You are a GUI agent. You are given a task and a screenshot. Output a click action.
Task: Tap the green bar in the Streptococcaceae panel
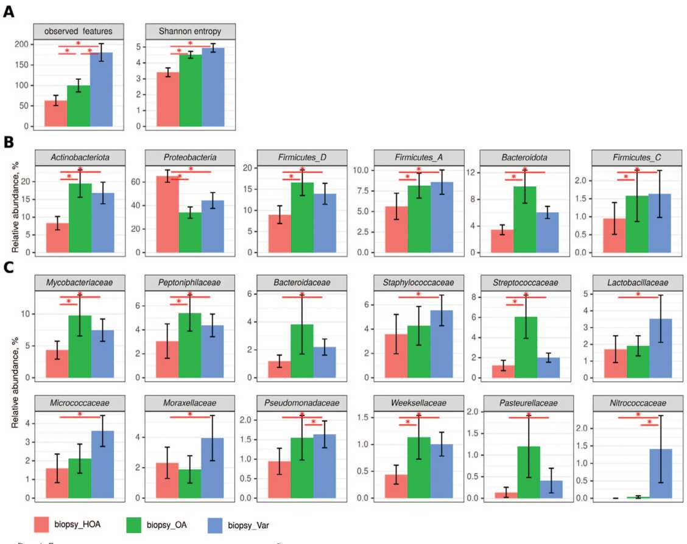pyautogui.click(x=524, y=347)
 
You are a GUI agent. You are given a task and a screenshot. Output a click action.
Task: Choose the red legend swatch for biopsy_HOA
pyautogui.click(x=49, y=523)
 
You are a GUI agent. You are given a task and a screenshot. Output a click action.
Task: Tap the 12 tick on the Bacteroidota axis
pyautogui.click(x=473, y=172)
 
